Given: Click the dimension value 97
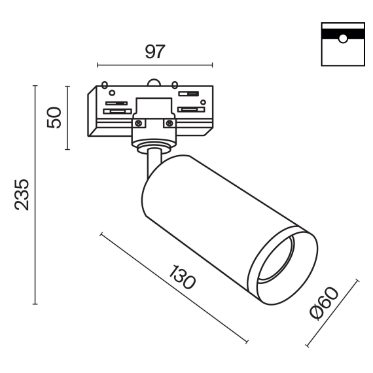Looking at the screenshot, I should (154, 50).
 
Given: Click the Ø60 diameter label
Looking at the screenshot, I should (324, 304).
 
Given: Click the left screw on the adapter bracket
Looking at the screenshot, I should (139, 122).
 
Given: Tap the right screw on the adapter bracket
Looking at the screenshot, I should (169, 122).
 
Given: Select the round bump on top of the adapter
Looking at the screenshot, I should (154, 82).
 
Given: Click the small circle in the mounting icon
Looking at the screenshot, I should (342, 38).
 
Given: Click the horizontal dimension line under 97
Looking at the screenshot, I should (154, 65).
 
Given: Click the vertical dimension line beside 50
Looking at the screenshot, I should (67, 117).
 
